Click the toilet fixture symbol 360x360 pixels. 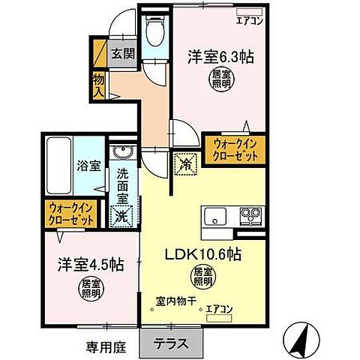point(156,32)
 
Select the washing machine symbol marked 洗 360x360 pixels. point(122,217)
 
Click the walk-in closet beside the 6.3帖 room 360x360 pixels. point(232,148)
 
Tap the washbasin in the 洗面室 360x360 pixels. point(122,154)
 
